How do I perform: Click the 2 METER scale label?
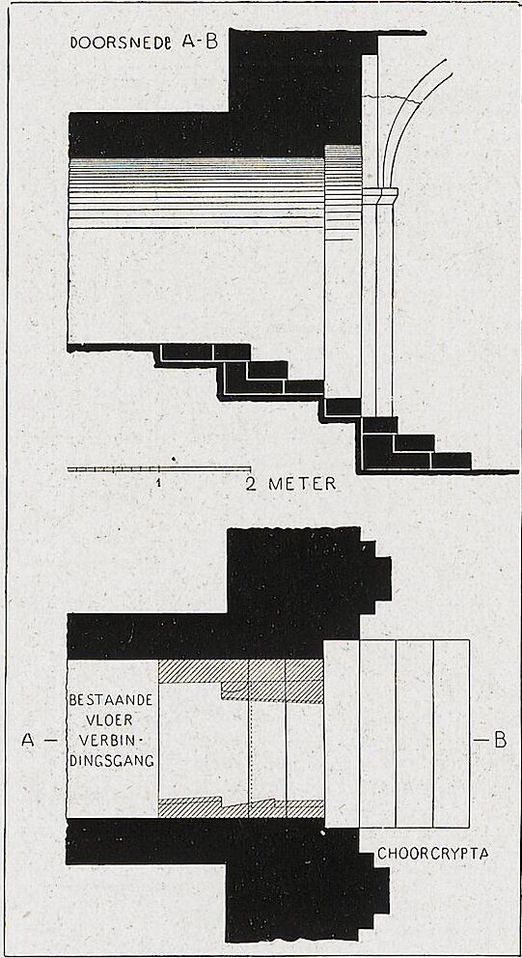click(290, 484)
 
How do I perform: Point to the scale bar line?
click(158, 469)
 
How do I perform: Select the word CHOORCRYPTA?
click(433, 854)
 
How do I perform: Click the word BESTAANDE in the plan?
click(111, 698)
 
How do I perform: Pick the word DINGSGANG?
click(112, 761)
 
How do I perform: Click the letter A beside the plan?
click(28, 740)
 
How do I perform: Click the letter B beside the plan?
click(500, 740)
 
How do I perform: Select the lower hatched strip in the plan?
click(240, 807)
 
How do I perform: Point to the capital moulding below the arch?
click(380, 195)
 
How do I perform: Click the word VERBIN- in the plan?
click(112, 740)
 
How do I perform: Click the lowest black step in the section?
click(452, 460)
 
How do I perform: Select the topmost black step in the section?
click(186, 352)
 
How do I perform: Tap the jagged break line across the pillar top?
click(392, 99)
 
